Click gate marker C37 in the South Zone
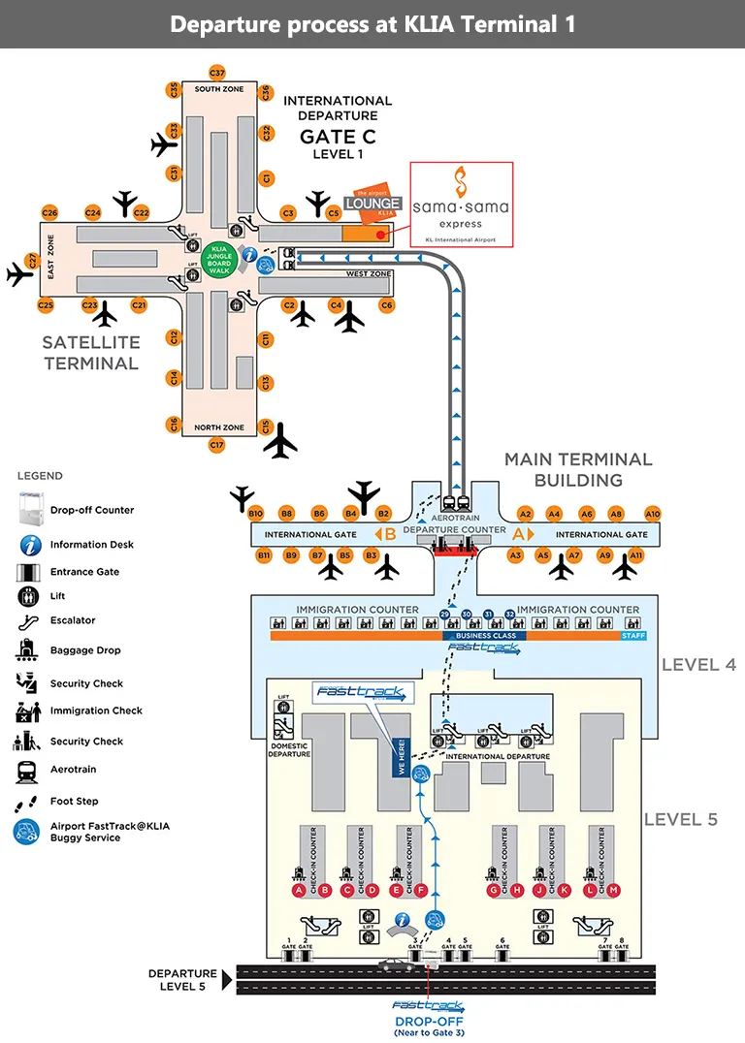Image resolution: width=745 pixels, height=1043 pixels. [217, 73]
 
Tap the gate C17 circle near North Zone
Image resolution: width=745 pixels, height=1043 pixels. [217, 445]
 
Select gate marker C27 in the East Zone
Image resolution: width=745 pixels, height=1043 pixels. [32, 260]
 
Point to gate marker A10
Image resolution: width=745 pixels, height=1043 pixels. [653, 514]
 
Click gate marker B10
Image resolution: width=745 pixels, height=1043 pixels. [256, 513]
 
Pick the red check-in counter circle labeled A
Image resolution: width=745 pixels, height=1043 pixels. [300, 890]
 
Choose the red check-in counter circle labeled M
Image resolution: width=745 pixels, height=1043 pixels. [613, 890]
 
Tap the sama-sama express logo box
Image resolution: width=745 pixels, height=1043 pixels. [461, 203]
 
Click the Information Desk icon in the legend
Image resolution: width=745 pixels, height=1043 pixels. [31, 545]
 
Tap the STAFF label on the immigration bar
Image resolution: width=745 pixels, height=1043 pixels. [633, 636]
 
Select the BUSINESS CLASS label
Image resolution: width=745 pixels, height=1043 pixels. [485, 636]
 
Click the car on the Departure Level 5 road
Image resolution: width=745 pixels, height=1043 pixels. [395, 964]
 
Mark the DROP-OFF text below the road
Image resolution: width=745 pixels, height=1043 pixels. [428, 1022]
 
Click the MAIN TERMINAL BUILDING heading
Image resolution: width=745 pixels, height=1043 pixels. [578, 469]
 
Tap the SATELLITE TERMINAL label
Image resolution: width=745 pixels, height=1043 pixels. [91, 353]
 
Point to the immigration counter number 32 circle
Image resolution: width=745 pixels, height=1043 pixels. [509, 615]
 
